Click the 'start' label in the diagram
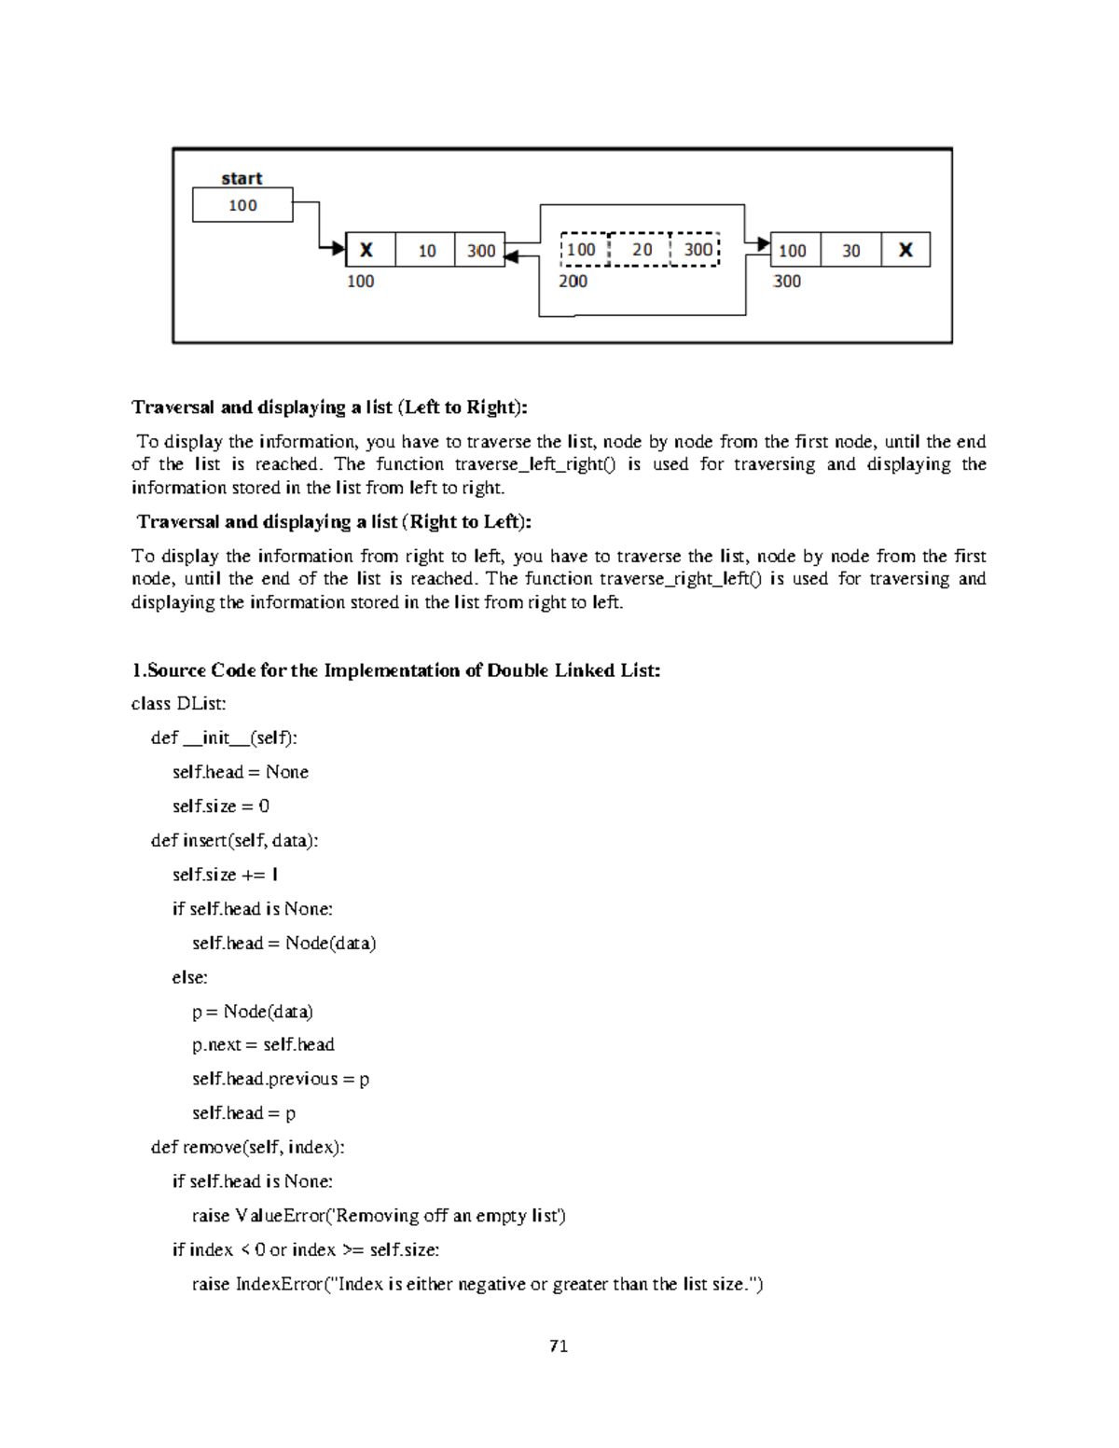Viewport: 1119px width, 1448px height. (242, 178)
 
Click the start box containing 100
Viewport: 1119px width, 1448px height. (242, 205)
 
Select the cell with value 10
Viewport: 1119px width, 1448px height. (426, 250)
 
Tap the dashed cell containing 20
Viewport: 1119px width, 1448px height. (642, 249)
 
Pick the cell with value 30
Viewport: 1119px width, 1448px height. (850, 250)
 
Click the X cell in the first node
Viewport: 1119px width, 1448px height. (367, 250)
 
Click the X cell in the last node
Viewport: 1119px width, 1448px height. (905, 250)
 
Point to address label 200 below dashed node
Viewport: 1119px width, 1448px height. (573, 281)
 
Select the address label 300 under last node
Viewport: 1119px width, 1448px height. (787, 281)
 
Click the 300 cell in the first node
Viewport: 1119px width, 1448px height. (480, 250)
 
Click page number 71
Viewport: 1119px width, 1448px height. (559, 1345)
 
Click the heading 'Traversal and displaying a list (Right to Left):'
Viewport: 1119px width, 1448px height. (334, 521)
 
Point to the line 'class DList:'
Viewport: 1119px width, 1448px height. (179, 703)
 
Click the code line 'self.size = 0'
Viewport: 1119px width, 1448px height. (221, 806)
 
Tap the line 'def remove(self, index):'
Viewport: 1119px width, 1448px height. (248, 1147)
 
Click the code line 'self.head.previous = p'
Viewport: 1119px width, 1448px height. (281, 1079)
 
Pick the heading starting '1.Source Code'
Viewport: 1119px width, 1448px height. (395, 669)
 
